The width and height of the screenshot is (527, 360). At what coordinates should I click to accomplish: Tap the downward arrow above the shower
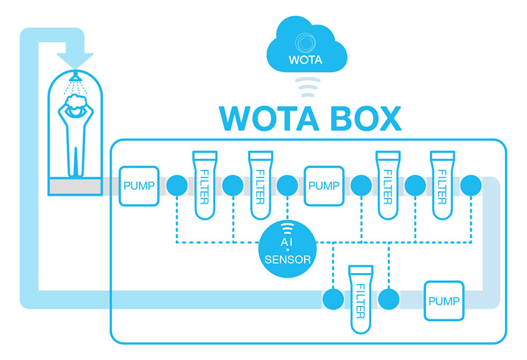[x=76, y=56]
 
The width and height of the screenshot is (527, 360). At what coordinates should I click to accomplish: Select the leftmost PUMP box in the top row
[x=138, y=185]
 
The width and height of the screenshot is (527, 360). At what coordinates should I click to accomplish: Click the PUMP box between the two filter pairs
[x=323, y=185]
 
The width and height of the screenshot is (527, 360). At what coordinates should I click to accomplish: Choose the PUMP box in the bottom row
[x=443, y=300]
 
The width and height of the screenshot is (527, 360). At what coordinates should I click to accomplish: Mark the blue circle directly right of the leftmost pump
[x=177, y=185]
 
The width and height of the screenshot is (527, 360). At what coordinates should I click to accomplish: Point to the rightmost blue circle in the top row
[x=471, y=185]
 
